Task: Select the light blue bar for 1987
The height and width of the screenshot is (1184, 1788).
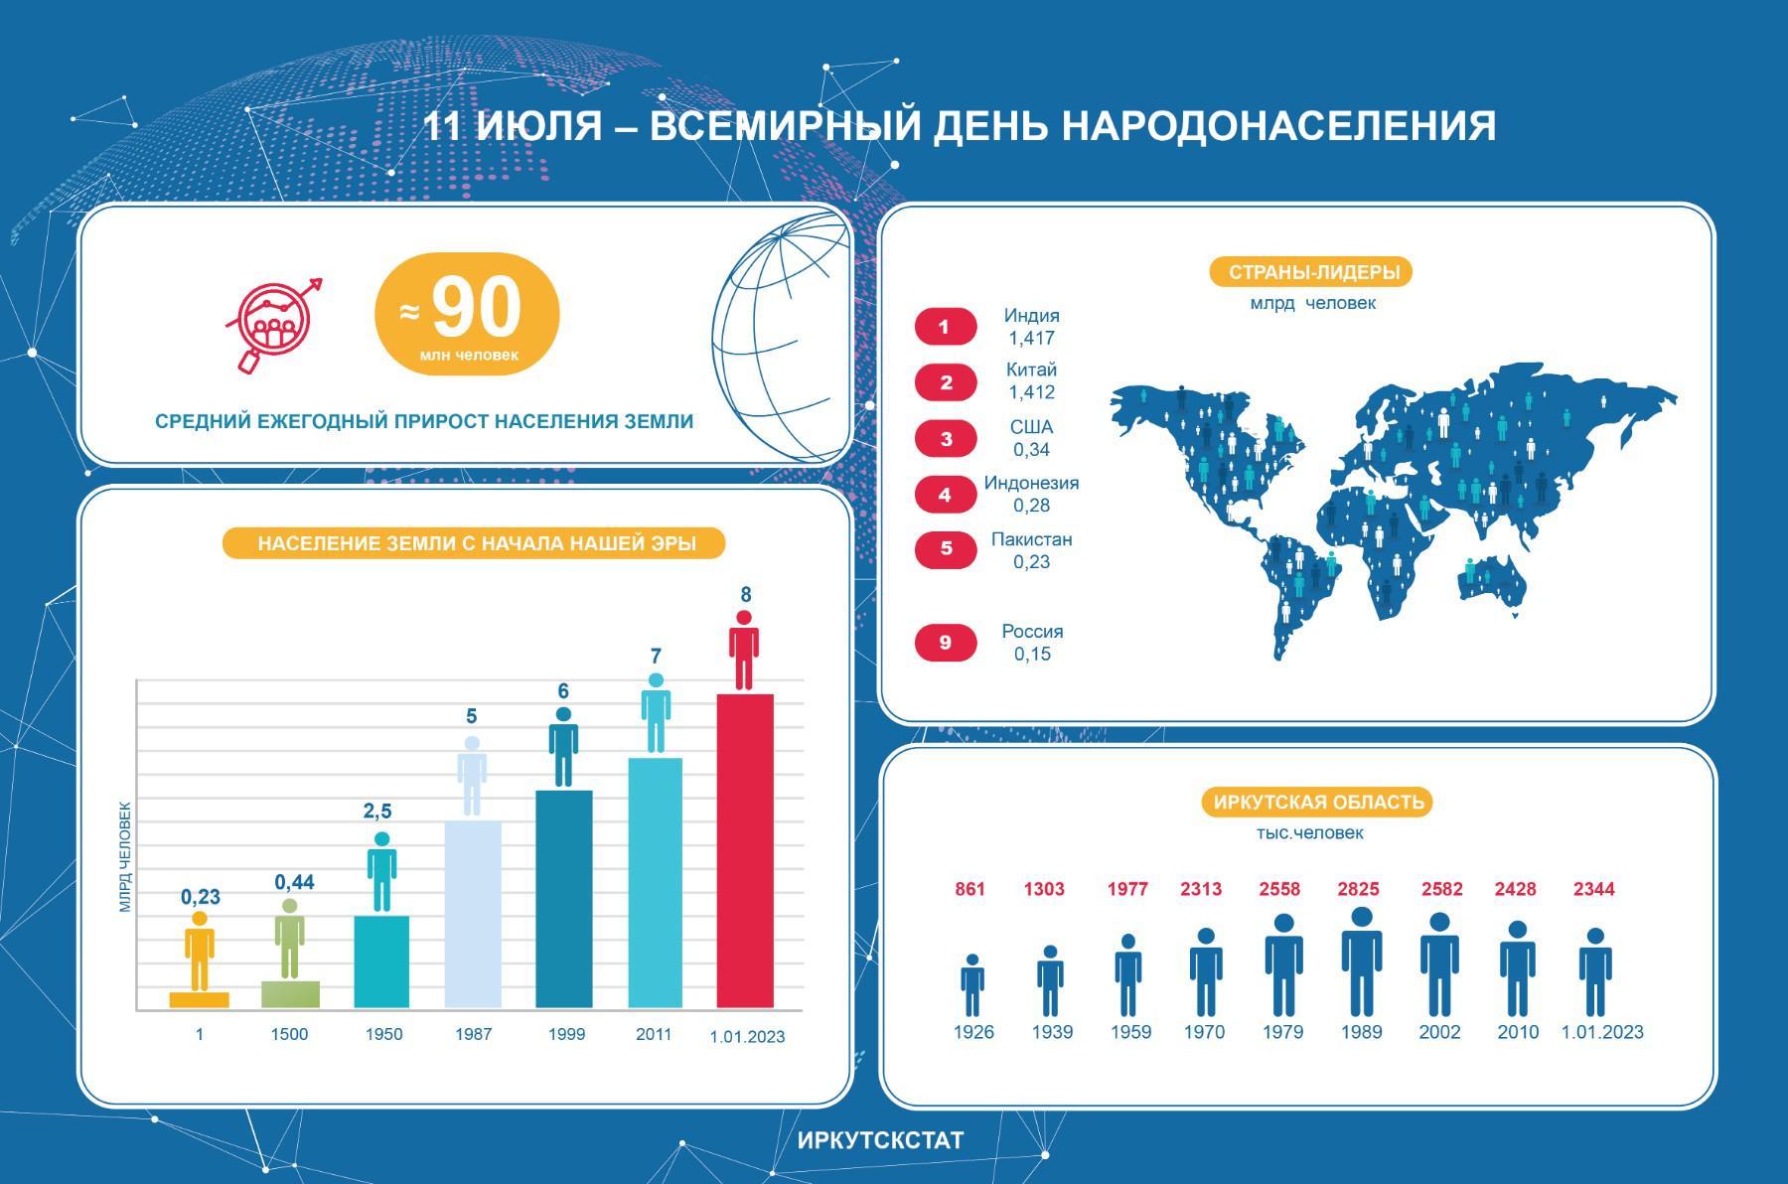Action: click(x=473, y=914)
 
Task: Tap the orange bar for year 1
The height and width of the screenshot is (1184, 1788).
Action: click(x=199, y=999)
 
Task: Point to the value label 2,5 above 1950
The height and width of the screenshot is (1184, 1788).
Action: click(x=377, y=812)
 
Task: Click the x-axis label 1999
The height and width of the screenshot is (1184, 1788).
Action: click(x=566, y=1034)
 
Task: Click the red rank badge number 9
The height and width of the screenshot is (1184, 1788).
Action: click(x=945, y=643)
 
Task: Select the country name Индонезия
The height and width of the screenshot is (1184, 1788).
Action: click(x=1031, y=483)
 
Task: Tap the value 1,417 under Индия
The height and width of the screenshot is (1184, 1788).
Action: click(x=1031, y=338)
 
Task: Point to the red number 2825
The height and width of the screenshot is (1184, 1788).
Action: click(x=1358, y=889)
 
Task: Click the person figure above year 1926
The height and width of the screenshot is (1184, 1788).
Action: click(x=972, y=985)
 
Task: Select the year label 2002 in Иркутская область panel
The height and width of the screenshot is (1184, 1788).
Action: click(x=1439, y=1032)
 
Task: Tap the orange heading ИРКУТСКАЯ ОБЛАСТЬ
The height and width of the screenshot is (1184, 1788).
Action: click(x=1318, y=803)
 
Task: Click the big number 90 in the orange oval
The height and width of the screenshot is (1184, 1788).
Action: click(x=477, y=308)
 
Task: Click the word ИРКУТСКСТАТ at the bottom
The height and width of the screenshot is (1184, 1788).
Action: click(x=880, y=1140)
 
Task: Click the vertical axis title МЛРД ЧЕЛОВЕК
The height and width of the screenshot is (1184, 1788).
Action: click(x=125, y=857)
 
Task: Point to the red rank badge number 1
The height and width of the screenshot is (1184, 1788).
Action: click(x=945, y=327)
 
